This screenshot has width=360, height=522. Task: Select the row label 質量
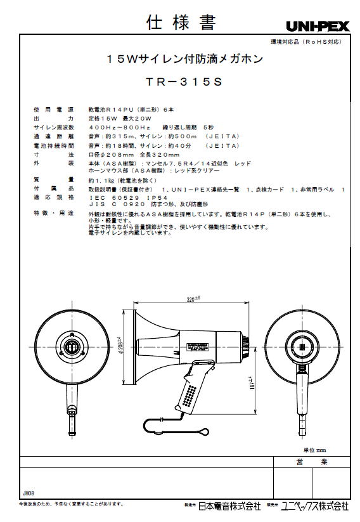coord(53,179)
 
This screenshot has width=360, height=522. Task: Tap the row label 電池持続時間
coord(53,145)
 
